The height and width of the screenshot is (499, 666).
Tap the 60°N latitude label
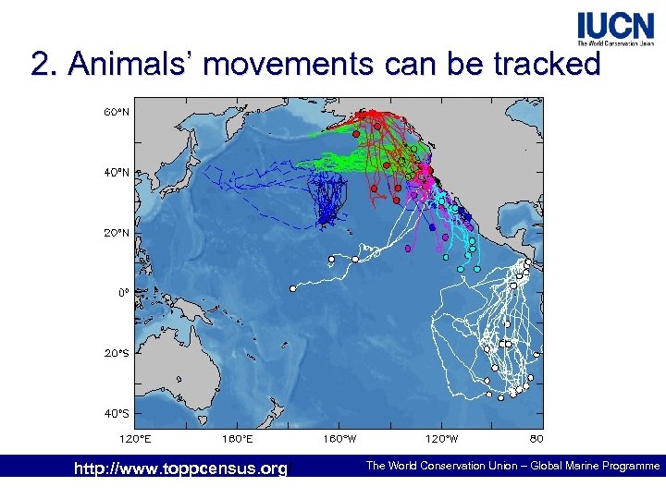tap(116, 113)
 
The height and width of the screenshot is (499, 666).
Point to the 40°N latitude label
tap(116, 173)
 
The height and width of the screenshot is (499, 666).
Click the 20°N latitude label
tap(116, 233)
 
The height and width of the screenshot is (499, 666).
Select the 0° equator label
tap(122, 293)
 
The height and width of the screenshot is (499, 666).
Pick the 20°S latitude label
tap(116, 353)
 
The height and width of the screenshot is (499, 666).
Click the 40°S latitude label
tap(116, 413)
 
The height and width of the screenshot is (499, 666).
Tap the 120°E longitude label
tap(136, 437)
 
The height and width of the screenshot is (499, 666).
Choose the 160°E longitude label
tap(238, 437)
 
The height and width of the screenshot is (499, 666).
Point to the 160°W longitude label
tap(339, 437)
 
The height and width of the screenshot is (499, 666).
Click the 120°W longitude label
tap(440, 437)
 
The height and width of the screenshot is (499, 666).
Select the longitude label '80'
tap(536, 437)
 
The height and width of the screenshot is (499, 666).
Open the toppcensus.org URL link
tap(180, 469)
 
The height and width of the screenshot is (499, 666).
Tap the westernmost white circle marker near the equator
tap(292, 289)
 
